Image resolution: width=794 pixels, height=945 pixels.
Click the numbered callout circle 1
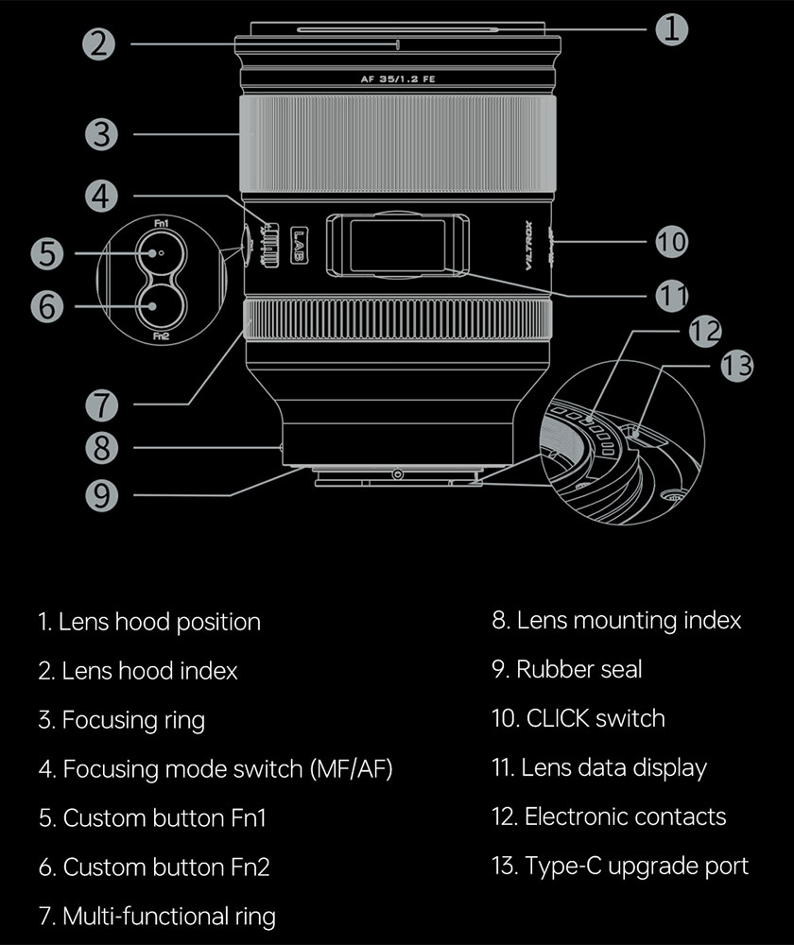pyautogui.click(x=671, y=28)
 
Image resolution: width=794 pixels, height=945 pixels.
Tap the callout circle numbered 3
pyautogui.click(x=102, y=134)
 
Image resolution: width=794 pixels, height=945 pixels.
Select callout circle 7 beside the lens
pyautogui.click(x=102, y=405)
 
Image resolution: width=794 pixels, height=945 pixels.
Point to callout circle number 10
pyautogui.click(x=671, y=242)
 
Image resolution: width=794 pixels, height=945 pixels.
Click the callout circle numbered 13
pyautogui.click(x=735, y=364)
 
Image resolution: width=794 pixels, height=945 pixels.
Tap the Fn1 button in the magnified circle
pyautogui.click(x=161, y=253)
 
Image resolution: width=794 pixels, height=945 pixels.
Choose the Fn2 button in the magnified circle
pyautogui.click(x=161, y=304)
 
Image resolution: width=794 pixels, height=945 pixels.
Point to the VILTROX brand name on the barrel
pyautogui.click(x=528, y=246)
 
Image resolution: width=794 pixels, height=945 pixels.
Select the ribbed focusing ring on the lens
pyautogui.click(x=397, y=142)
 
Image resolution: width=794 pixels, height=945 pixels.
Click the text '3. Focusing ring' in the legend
pyautogui.click(x=121, y=720)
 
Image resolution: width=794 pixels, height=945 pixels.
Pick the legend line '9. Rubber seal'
pyautogui.click(x=566, y=670)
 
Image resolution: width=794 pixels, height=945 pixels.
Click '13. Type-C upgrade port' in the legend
pyautogui.click(x=620, y=866)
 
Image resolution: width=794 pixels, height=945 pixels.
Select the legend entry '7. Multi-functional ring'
pyautogui.click(x=157, y=916)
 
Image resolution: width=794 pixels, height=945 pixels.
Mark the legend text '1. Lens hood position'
pyautogui.click(x=149, y=622)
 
